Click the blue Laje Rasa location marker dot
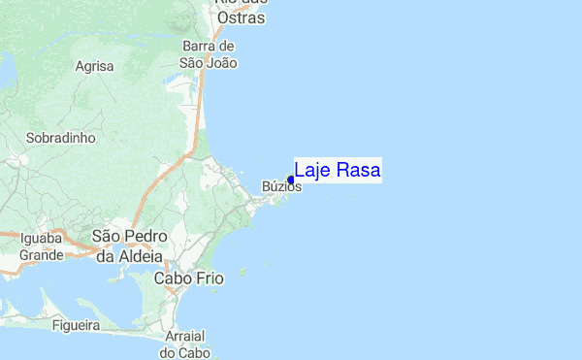(x=291, y=180)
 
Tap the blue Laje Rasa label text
(x=338, y=171)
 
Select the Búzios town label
(x=282, y=187)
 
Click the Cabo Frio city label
(x=189, y=278)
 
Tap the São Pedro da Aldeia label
(x=130, y=245)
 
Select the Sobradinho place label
(x=61, y=138)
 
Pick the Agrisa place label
(x=94, y=66)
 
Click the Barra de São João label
(x=209, y=54)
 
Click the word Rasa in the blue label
(x=358, y=171)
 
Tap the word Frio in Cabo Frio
(x=209, y=278)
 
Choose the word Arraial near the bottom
(x=183, y=335)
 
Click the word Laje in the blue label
(x=312, y=171)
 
